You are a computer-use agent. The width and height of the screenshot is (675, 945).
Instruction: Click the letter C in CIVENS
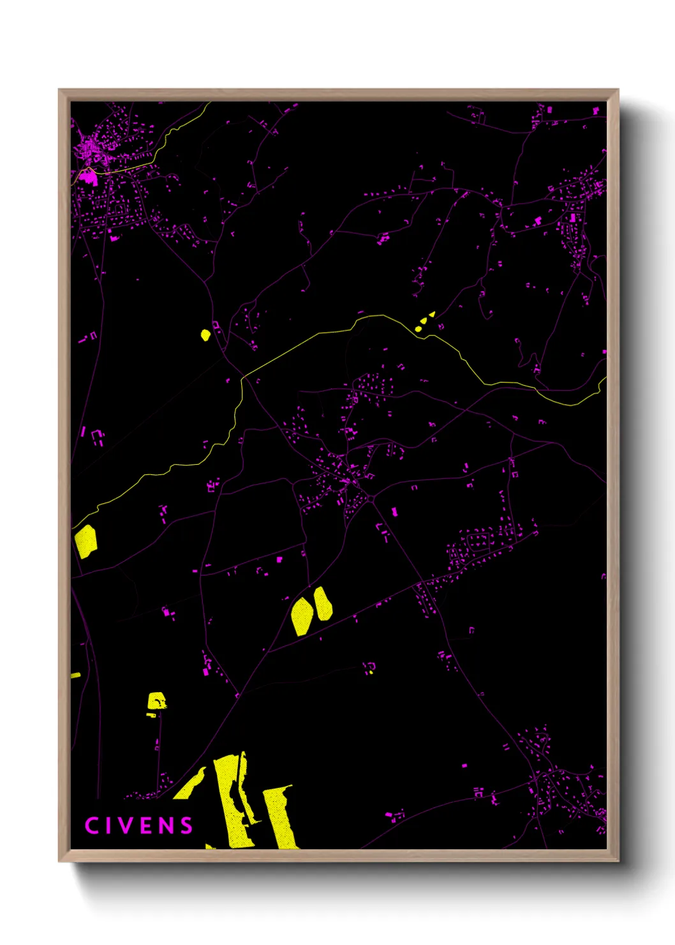click(x=92, y=826)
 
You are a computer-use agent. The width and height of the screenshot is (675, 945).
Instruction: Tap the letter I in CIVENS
click(x=108, y=826)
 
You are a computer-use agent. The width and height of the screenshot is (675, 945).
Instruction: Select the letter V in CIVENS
click(x=125, y=826)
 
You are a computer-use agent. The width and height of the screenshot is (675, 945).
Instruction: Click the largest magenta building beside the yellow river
click(x=88, y=176)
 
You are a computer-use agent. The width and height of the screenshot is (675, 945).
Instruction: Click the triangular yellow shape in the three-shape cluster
click(x=432, y=314)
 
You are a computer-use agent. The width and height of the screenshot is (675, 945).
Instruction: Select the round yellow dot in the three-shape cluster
click(x=419, y=329)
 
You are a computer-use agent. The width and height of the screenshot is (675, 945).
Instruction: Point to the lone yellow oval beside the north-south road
click(x=205, y=335)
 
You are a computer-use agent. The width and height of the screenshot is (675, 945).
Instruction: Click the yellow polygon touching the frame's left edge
click(x=85, y=541)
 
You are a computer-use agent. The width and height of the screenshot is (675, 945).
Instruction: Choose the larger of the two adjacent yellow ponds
click(x=302, y=616)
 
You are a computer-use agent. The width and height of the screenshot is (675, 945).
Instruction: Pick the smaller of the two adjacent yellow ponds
click(x=323, y=604)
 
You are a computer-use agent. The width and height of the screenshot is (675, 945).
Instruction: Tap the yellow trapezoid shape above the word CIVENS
click(x=156, y=701)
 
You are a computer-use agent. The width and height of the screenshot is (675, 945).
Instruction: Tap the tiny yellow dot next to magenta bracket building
click(x=371, y=672)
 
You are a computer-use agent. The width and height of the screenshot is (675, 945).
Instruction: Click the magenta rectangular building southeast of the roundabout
click(x=394, y=511)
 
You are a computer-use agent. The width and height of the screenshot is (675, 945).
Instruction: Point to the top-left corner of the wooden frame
click(x=60, y=91)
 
